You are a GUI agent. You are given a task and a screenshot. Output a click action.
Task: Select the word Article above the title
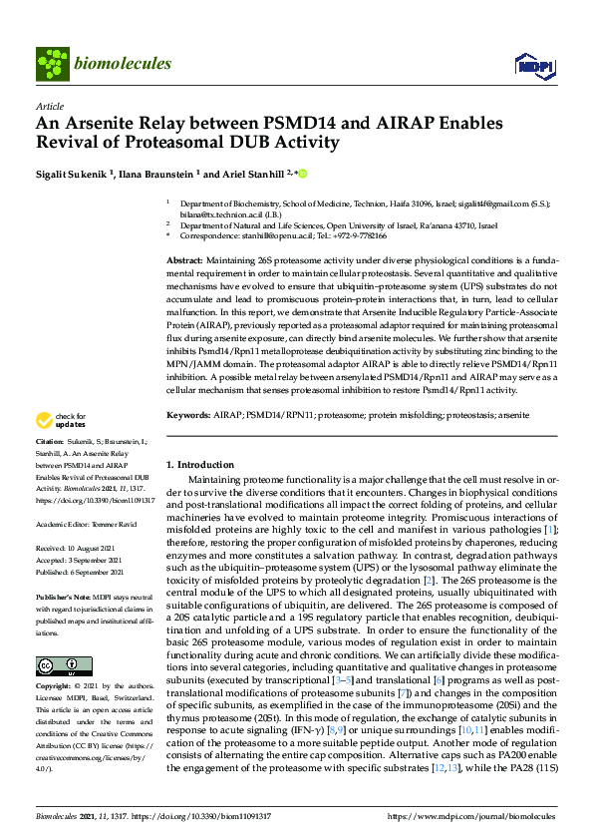[x=49, y=106]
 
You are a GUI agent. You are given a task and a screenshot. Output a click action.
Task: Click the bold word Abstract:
[x=184, y=259]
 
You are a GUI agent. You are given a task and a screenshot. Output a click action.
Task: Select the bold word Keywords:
[x=187, y=413]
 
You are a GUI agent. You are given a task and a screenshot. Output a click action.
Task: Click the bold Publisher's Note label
[x=61, y=594]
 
